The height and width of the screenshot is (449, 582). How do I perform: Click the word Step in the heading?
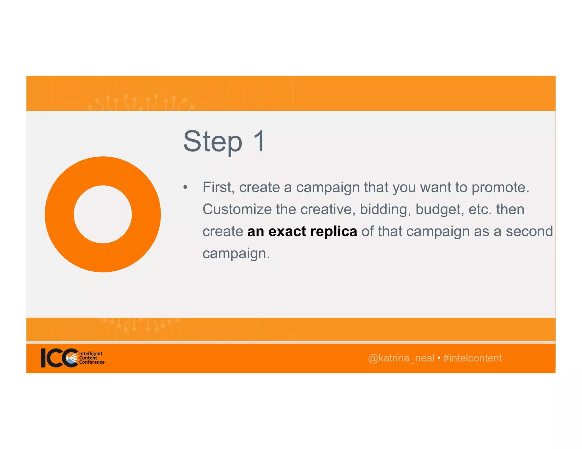click(213, 142)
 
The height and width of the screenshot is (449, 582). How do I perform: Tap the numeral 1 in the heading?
click(259, 141)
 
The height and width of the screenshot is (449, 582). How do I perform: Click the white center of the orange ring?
click(103, 214)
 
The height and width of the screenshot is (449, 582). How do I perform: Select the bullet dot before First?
click(185, 187)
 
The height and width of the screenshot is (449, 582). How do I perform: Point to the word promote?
click(500, 187)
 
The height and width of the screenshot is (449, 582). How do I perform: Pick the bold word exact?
click(287, 231)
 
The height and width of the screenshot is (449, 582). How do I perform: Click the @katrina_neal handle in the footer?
click(401, 358)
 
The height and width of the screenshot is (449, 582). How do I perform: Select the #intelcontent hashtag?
click(472, 358)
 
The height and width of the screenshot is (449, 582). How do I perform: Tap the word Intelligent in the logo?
click(91, 353)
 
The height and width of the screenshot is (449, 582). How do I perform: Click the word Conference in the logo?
click(92, 362)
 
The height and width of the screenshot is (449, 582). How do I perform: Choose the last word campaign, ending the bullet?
click(236, 253)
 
